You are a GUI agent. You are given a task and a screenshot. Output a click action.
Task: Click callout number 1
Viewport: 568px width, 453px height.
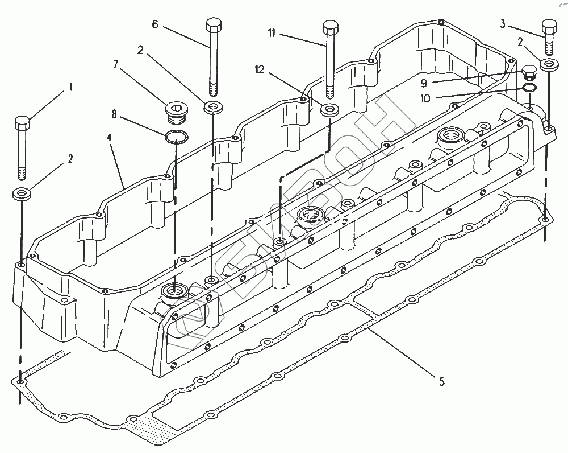[71, 87]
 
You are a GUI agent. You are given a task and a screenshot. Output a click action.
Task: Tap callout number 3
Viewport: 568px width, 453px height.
[503, 24]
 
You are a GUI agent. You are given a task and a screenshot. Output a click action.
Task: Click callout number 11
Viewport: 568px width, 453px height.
[272, 34]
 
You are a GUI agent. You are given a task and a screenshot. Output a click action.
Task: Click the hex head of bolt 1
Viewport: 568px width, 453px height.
[23, 122]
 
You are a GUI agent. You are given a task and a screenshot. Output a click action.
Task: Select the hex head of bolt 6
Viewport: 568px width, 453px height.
[212, 25]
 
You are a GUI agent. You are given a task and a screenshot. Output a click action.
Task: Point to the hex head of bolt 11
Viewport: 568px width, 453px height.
[331, 27]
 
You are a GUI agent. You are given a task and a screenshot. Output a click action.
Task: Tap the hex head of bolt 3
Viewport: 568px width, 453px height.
[549, 27]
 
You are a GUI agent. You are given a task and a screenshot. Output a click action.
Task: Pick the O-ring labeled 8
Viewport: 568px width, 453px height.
[176, 137]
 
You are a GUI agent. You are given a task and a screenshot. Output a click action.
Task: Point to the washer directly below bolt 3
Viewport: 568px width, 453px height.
[549, 64]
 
